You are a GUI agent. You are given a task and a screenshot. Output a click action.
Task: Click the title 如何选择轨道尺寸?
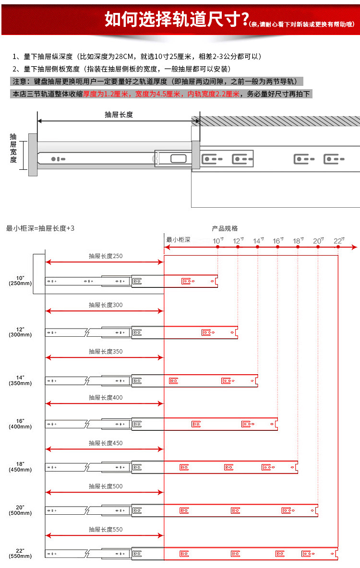176,19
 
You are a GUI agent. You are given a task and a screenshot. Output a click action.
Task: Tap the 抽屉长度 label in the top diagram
119,115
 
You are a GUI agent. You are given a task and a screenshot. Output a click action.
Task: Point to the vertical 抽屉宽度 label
13,148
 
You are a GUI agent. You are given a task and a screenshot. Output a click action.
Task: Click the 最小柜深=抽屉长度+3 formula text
40,228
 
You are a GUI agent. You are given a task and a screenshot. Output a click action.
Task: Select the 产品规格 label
225,228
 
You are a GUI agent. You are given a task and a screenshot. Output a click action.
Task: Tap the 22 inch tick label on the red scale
338,241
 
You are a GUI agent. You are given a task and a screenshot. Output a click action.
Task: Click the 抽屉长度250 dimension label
106,256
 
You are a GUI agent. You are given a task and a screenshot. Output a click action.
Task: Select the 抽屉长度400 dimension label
106,397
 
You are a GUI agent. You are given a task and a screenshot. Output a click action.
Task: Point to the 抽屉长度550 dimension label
106,529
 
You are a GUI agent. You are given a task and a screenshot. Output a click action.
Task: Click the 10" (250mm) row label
20,281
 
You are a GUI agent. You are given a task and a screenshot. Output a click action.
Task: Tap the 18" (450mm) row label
20,467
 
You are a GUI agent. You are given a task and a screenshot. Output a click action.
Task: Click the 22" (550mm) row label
20,553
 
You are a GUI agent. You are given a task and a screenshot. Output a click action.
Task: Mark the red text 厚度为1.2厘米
106,94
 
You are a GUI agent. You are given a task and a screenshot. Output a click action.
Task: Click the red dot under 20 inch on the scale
318,247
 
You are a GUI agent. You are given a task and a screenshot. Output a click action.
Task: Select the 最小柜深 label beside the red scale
178,239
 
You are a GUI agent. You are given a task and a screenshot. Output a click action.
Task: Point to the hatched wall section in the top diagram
276,121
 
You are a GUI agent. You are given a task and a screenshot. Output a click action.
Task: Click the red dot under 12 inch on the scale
238,247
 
